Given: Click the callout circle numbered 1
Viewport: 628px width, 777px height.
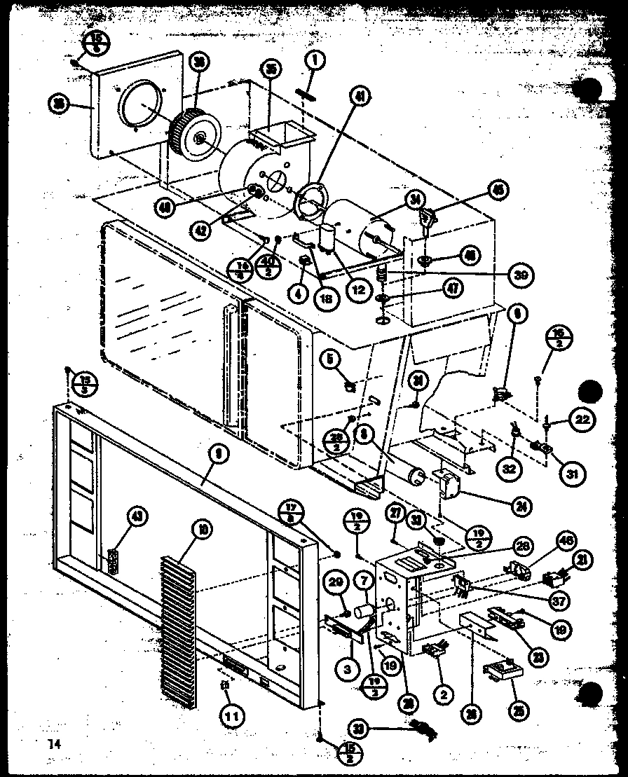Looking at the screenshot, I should tap(315, 61).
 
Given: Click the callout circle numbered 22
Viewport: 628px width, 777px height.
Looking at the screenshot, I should tap(581, 420).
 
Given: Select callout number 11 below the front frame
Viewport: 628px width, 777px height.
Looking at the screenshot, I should tap(231, 715).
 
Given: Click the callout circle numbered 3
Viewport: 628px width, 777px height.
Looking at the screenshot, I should tap(346, 669).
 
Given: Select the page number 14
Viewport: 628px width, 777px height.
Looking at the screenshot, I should tap(55, 743).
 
